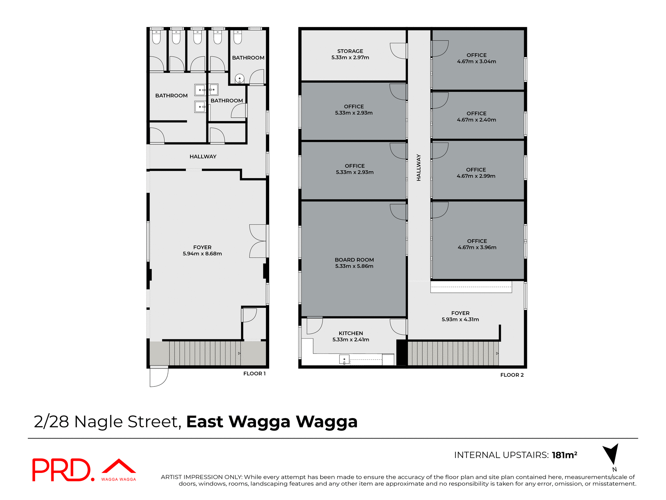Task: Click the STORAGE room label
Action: [x=350, y=51]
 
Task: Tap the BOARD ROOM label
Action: [x=354, y=260]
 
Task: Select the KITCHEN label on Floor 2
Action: [x=351, y=333]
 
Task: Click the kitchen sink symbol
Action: [x=344, y=359]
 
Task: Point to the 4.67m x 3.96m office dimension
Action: [x=477, y=247]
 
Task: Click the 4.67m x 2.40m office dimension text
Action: [x=476, y=120]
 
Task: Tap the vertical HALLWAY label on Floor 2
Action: [x=419, y=167]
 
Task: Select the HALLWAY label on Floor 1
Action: [x=203, y=157]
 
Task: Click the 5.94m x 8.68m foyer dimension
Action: [x=202, y=254]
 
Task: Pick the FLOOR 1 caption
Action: [x=254, y=374]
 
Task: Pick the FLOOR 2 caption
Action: [x=512, y=375]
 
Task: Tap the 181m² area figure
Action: [x=564, y=455]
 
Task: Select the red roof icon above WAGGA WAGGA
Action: [x=119, y=466]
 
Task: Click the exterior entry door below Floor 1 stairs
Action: [x=159, y=377]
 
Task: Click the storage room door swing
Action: [x=398, y=51]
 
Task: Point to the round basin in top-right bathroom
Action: [x=239, y=78]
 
